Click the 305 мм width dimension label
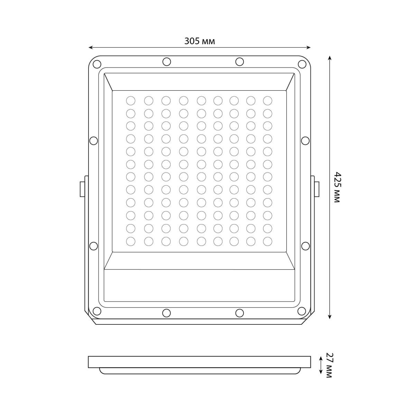point(200,41)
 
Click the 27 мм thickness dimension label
point(329,365)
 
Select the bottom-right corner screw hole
point(302,311)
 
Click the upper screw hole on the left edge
point(93,141)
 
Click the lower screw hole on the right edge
point(305,246)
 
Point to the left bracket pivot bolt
point(82,189)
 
